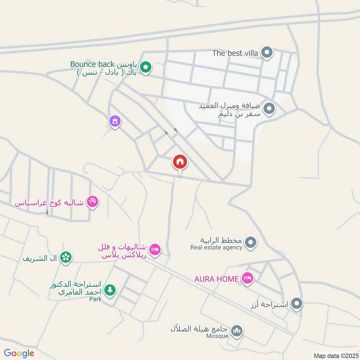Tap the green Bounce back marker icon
tap(145, 68)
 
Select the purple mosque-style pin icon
tap(115, 121)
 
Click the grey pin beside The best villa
tap(267, 53)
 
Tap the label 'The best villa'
tap(235, 53)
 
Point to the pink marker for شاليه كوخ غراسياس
tap(93, 202)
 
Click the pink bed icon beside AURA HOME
tap(247, 279)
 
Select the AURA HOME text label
tap(216, 279)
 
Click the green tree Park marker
tap(109, 289)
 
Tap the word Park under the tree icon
tap(95, 299)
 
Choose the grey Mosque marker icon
tap(237, 332)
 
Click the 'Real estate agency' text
tap(216, 247)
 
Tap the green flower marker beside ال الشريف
tap(66, 257)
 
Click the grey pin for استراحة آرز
tap(297, 304)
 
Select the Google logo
tap(19, 353)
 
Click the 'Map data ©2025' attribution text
tap(335, 355)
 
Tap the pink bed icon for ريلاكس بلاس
tap(155, 249)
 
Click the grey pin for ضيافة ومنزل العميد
tap(269, 109)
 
